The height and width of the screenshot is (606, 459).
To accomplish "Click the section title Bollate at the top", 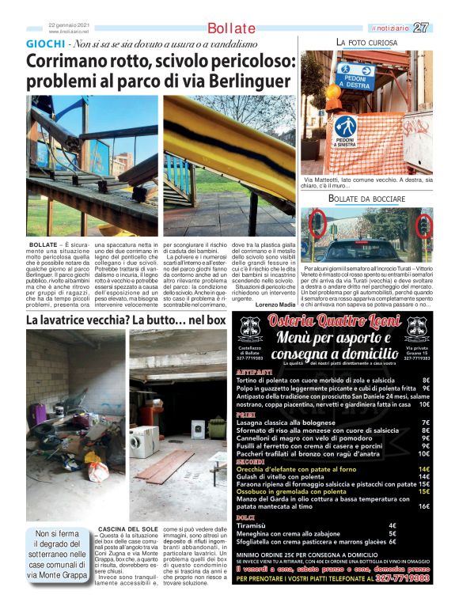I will click(x=231, y=28).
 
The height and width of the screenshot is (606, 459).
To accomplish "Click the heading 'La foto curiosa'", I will click(x=366, y=41).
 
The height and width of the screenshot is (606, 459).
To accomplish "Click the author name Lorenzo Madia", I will click(x=275, y=304).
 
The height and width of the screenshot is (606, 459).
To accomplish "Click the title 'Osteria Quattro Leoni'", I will click(x=334, y=320).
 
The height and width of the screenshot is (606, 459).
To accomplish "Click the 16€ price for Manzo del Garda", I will click(x=423, y=506).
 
